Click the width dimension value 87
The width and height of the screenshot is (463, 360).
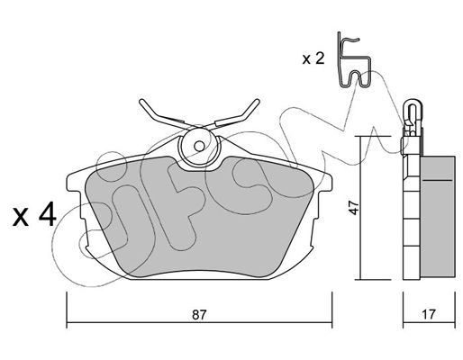[199, 314]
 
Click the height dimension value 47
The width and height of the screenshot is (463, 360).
[355, 207]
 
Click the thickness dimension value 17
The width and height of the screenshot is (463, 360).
[429, 314]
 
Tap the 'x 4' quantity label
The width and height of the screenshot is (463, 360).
[34, 214]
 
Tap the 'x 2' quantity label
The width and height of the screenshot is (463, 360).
[313, 58]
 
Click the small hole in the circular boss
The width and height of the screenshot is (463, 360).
[199, 147]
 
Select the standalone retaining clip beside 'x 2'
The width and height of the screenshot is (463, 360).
[354, 59]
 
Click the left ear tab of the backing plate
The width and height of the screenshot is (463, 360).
[75, 183]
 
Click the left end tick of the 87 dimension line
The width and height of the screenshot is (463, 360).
[67, 310]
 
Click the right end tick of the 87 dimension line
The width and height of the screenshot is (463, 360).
[331, 310]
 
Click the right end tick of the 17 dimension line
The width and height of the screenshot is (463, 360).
[455, 310]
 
